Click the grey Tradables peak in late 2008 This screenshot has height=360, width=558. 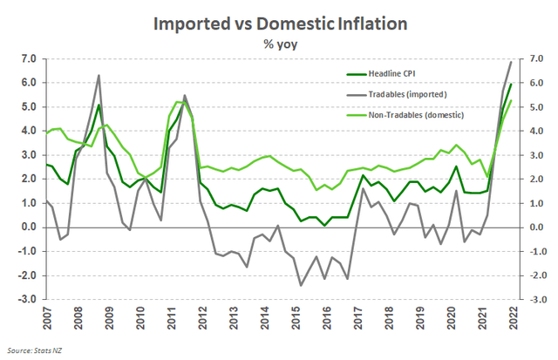(x=99, y=75)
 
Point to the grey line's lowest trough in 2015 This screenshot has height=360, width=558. (x=301, y=285)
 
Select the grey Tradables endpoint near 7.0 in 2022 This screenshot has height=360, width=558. (x=511, y=61)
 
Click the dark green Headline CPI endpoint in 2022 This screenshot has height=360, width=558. (x=511, y=84)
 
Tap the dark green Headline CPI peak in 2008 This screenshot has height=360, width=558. (x=99, y=105)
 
